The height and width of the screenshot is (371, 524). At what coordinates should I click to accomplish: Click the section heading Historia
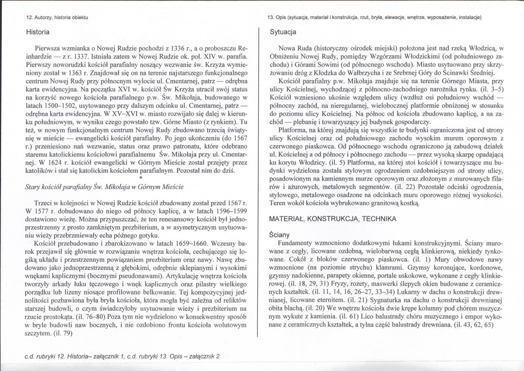37,32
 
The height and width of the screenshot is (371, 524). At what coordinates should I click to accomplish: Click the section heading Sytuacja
283,32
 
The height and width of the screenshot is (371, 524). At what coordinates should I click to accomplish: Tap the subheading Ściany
280,235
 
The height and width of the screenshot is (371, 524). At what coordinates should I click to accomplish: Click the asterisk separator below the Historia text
141,178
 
